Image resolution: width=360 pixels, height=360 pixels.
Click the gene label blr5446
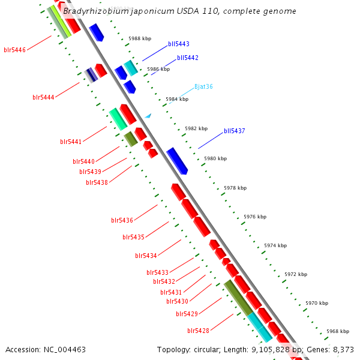pyautogui.click(x=14, y=50)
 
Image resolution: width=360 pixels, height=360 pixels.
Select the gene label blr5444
pyautogui.click(x=43, y=97)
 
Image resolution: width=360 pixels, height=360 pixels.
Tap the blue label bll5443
pyautogui.click(x=179, y=44)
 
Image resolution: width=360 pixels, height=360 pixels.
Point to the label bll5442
pyautogui.click(x=188, y=58)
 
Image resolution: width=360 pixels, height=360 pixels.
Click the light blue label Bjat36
pyautogui.click(x=203, y=86)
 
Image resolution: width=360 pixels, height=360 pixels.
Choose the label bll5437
pyautogui.click(x=235, y=131)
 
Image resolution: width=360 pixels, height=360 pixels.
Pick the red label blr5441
pyautogui.click(x=71, y=142)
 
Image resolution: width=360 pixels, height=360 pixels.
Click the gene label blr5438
pyautogui.click(x=97, y=182)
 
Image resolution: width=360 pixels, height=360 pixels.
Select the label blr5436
pyautogui.click(x=122, y=220)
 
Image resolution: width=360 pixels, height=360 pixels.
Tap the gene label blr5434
pyautogui.click(x=146, y=256)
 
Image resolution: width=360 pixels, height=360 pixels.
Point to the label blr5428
pyautogui.click(x=198, y=331)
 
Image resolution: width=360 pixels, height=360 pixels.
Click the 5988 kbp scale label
pyautogui.click(x=140, y=38)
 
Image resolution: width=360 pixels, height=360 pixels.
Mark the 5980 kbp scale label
pyautogui.click(x=215, y=158)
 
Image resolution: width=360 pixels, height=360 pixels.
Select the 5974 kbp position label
pyautogui.click(x=275, y=245)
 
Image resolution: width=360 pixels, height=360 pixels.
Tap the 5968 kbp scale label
pyautogui.click(x=338, y=331)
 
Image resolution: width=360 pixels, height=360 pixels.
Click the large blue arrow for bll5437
pyautogui.click(x=177, y=161)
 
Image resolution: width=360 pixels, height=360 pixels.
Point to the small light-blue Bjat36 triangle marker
pyautogui.click(x=148, y=115)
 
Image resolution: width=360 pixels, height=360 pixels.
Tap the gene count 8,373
pyautogui.click(x=343, y=349)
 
